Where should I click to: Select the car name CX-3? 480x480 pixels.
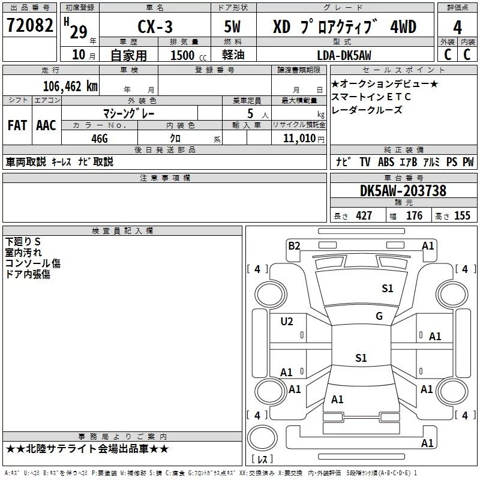(x=154, y=27)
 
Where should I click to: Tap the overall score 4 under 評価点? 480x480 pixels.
(x=457, y=27)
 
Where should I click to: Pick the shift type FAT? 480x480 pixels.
(x=17, y=125)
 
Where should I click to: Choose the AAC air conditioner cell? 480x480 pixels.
(x=46, y=125)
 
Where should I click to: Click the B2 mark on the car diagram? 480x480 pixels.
(x=293, y=245)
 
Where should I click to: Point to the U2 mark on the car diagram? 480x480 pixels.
(x=287, y=322)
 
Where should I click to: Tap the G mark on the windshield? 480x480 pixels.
(x=379, y=316)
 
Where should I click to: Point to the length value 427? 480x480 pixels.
(x=362, y=216)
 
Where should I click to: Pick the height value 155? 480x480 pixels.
(x=462, y=216)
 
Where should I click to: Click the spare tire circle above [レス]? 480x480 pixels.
(x=262, y=437)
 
